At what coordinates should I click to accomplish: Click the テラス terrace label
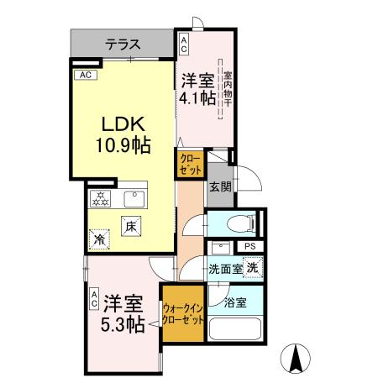click(x=122, y=45)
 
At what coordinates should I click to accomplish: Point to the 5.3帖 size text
click(x=123, y=323)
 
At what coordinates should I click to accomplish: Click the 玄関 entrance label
click(x=220, y=186)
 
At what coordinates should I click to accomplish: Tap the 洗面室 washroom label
click(x=225, y=269)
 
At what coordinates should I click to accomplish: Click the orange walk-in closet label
click(x=183, y=315)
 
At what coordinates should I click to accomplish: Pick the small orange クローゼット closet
click(x=190, y=163)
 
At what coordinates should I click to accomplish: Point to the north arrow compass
click(x=296, y=360)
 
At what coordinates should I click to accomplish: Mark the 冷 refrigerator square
click(x=100, y=239)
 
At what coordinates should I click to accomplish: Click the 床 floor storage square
click(x=131, y=226)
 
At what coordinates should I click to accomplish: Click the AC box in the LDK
click(x=84, y=75)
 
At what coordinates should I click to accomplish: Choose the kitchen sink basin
click(x=134, y=199)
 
